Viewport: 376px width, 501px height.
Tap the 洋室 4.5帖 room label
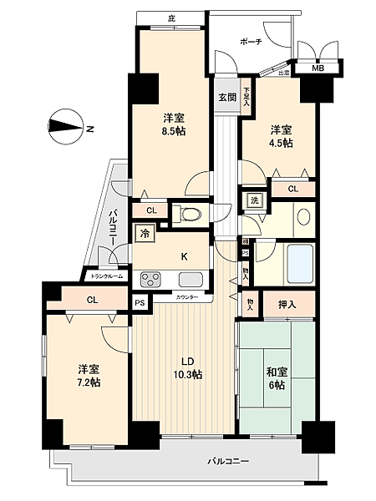pyautogui.click(x=280, y=137)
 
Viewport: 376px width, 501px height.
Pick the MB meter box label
pyautogui.click(x=318, y=69)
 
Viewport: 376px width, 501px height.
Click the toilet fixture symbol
pyautogui.click(x=191, y=215)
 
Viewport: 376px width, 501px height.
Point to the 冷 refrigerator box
pyautogui.click(x=145, y=235)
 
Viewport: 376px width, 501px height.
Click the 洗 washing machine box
pyautogui.click(x=252, y=200)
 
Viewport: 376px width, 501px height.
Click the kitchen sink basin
pyautogui.click(x=191, y=279)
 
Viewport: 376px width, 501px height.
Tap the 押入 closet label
pyautogui.click(x=287, y=305)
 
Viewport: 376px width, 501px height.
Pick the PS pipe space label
pyautogui.click(x=140, y=303)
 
